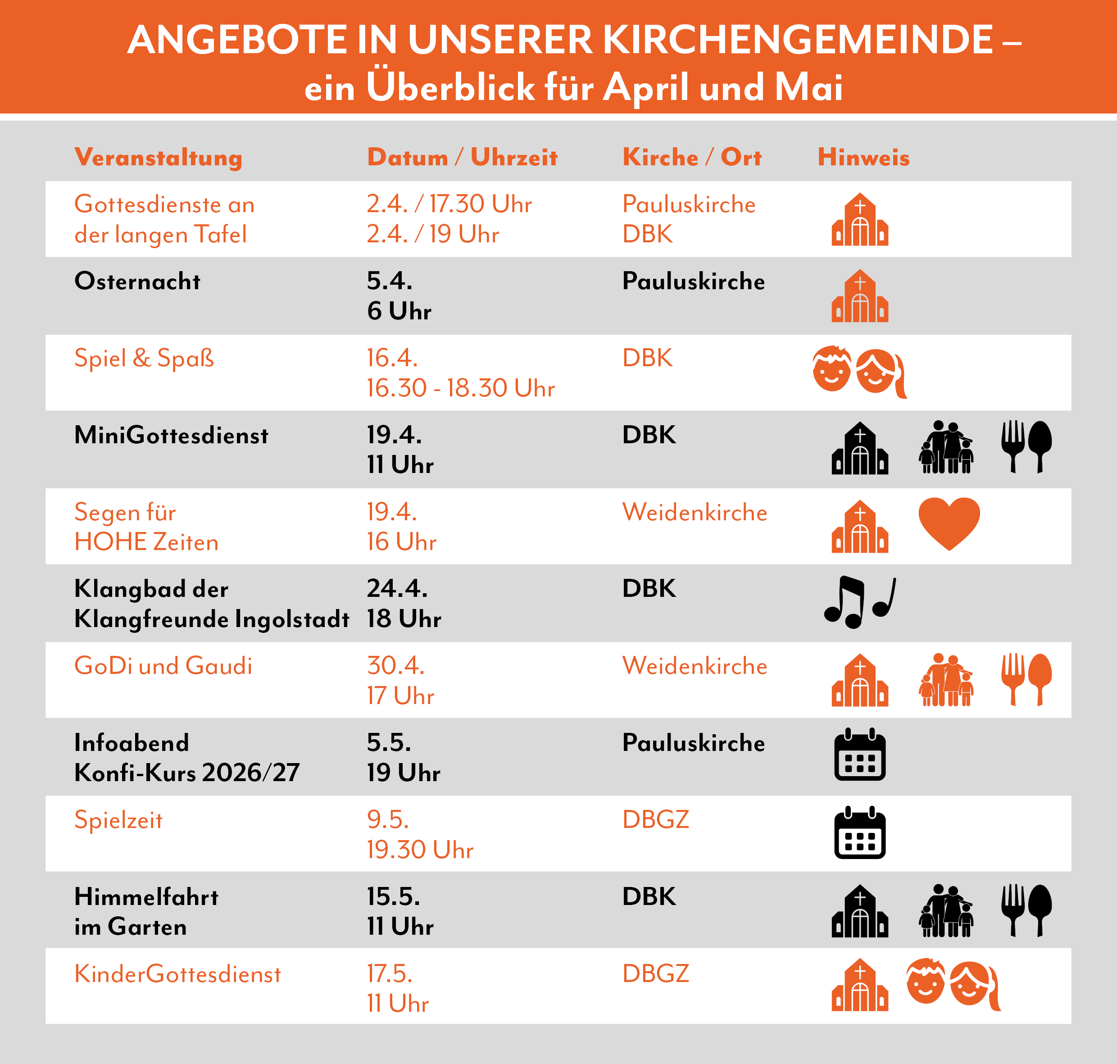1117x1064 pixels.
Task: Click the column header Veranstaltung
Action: (158, 157)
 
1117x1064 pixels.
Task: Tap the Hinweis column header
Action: (863, 157)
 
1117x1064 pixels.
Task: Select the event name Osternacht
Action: (137, 281)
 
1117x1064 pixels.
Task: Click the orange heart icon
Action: (949, 523)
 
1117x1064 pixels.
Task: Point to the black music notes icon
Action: (859, 602)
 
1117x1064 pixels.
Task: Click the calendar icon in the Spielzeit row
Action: (859, 832)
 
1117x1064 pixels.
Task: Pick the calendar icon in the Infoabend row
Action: (859, 755)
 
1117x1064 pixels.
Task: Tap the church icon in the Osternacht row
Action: (859, 296)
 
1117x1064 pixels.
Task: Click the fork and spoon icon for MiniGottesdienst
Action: (1026, 447)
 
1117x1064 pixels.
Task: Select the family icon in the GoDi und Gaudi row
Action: (945, 680)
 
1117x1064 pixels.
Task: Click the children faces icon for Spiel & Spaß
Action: (858, 372)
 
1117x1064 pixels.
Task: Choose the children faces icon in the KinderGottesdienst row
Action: (953, 985)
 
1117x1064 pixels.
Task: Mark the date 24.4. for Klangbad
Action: (397, 588)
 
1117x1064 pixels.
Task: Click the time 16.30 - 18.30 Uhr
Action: (460, 388)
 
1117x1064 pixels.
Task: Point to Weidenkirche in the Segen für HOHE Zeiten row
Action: (694, 512)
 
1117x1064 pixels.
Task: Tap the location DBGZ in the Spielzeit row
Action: (655, 819)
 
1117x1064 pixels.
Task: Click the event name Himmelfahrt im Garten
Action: (146, 911)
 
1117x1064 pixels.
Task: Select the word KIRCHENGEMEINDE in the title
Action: (797, 40)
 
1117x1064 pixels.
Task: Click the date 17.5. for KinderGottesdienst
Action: (390, 973)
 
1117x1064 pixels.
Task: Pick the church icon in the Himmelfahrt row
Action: (859, 911)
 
